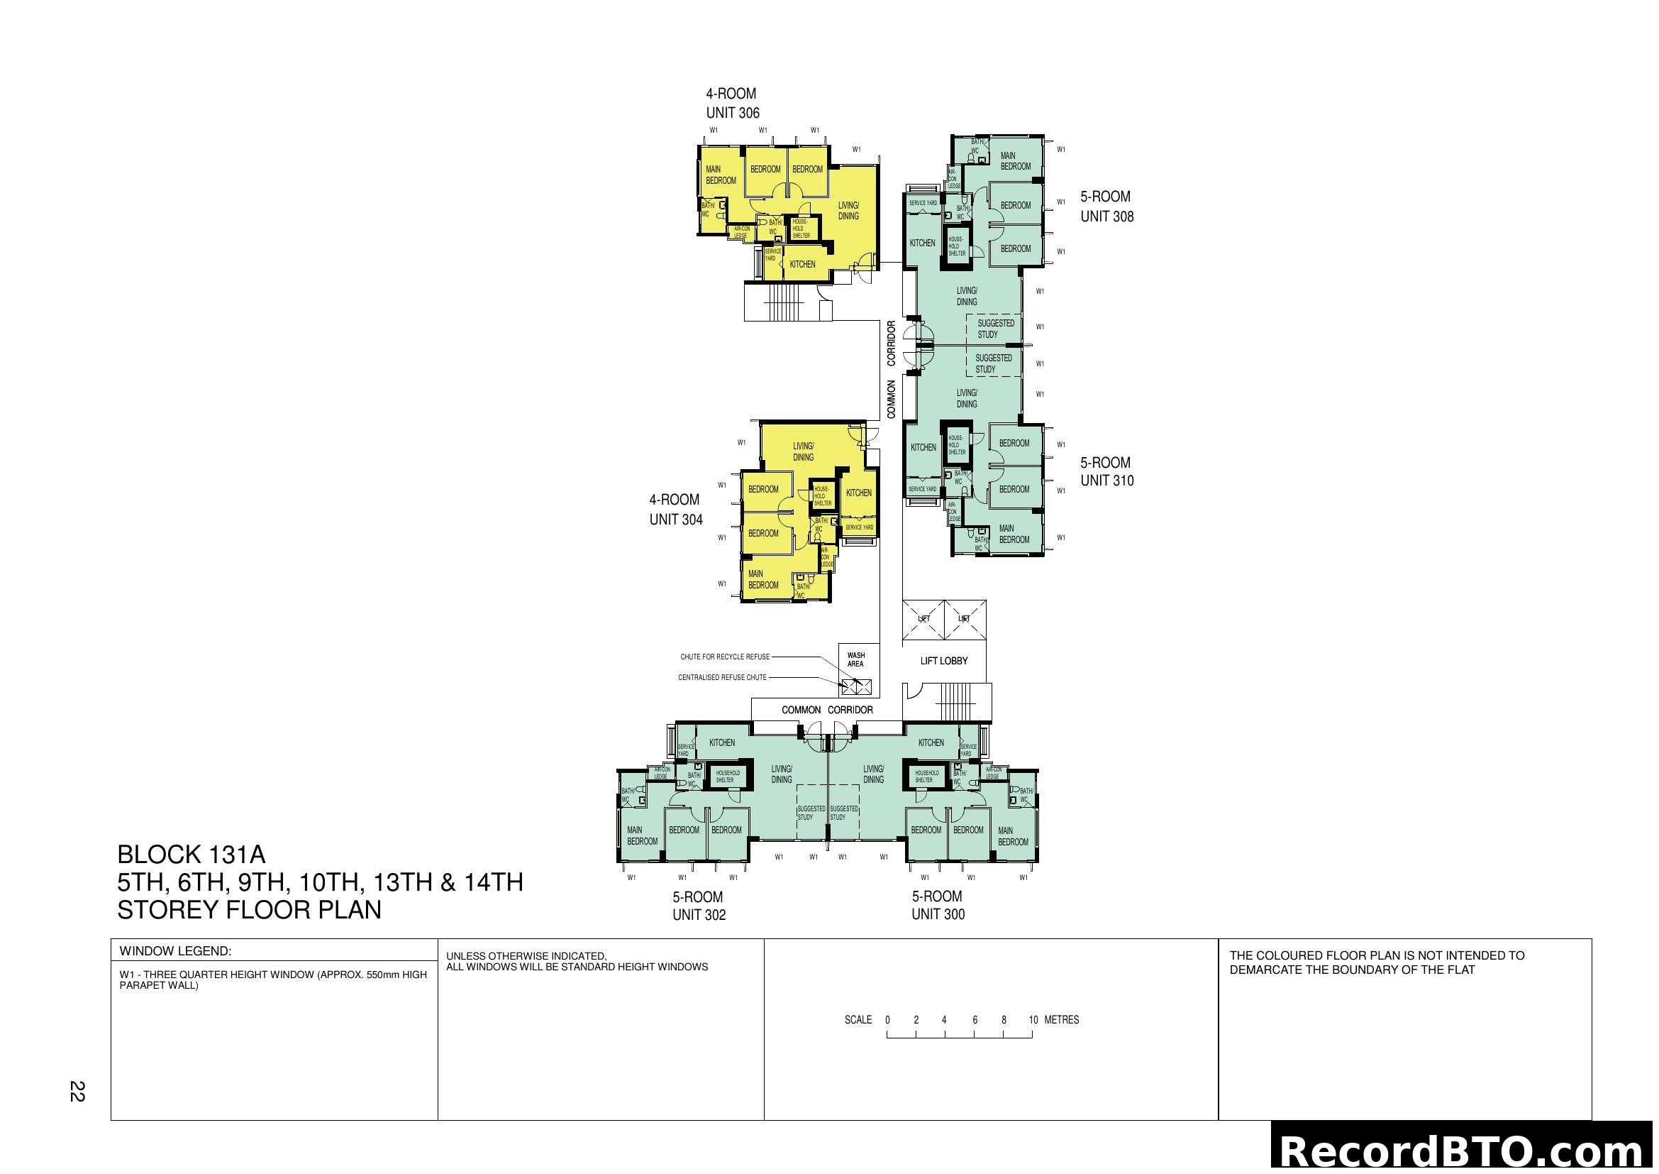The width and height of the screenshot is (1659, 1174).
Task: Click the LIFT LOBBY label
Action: [x=943, y=661]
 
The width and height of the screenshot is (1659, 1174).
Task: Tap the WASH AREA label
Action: [x=855, y=659]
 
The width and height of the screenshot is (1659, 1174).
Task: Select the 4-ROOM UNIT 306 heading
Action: [x=732, y=104]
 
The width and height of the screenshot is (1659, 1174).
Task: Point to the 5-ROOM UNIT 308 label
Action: [x=1106, y=206]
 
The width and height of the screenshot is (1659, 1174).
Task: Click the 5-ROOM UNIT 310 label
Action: [x=1106, y=471]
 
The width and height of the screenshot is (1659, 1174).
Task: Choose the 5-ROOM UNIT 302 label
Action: [x=698, y=905]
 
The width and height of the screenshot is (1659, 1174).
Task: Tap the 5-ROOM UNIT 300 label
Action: [x=937, y=905]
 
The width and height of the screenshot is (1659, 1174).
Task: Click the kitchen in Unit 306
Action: [x=802, y=265]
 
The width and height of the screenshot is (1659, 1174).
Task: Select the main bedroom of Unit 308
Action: [x=1015, y=161]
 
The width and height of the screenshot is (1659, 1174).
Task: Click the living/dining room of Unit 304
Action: [x=803, y=452]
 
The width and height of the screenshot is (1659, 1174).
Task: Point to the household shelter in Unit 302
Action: [x=727, y=777]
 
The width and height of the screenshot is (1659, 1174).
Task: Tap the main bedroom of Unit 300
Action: [x=1012, y=836]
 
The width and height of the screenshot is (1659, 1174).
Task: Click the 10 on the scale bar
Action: [x=1033, y=1020]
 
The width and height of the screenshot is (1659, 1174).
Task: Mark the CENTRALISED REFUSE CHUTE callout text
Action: [x=722, y=677]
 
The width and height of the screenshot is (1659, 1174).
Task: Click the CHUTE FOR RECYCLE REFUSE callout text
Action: [x=725, y=657]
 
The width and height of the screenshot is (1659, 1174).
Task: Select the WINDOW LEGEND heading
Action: [x=176, y=951]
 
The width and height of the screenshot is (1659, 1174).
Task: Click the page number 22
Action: [x=77, y=1091]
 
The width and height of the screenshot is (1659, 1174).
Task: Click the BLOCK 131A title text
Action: [x=192, y=855]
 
